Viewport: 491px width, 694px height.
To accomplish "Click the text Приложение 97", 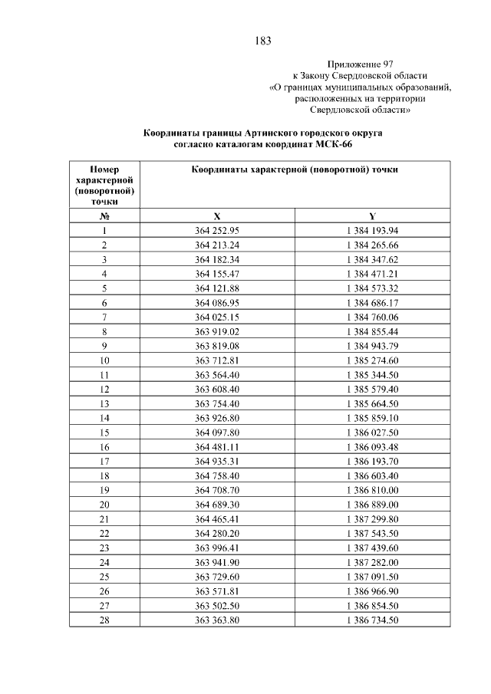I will tap(360, 64).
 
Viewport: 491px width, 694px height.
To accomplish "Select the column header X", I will tap(218, 217).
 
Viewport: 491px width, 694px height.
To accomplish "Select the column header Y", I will tap(372, 217).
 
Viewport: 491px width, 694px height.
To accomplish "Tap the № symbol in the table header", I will tap(104, 217).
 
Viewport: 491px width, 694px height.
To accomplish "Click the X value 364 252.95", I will tap(218, 231).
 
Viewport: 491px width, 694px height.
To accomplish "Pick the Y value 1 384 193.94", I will tap(372, 231).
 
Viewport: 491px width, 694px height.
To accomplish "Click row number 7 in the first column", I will tap(104, 317).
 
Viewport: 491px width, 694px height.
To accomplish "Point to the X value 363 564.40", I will tap(218, 374).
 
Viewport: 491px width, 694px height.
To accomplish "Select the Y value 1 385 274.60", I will tap(372, 360).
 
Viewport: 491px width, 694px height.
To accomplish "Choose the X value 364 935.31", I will tap(218, 461).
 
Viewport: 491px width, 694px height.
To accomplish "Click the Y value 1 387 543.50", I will tap(372, 533).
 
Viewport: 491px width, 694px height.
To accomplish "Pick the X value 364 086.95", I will tap(218, 303).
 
